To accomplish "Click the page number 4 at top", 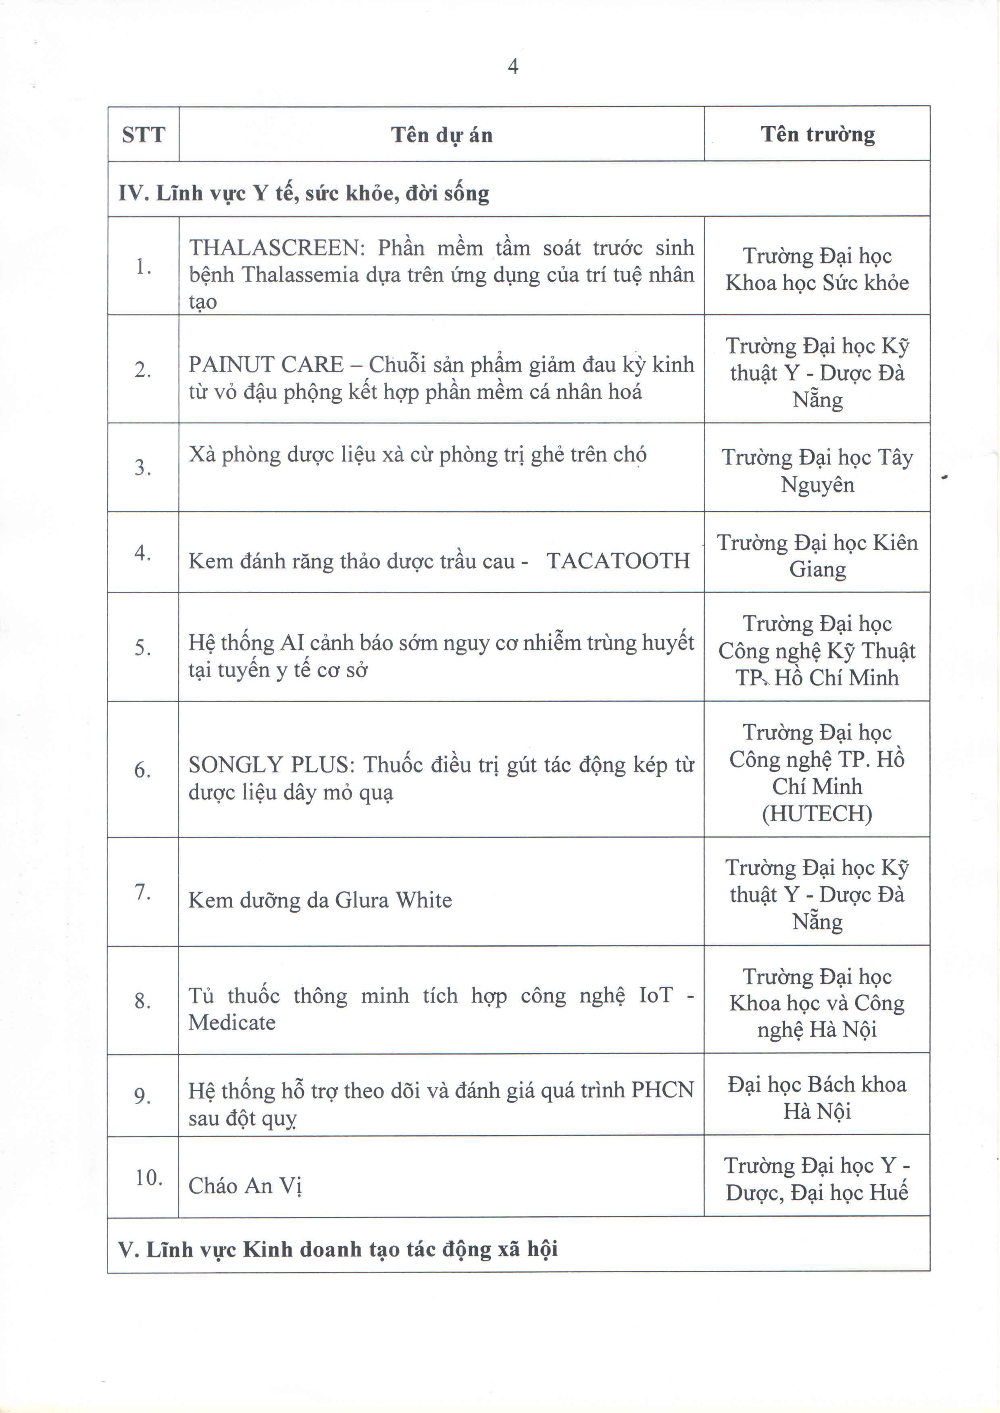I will pyautogui.click(x=512, y=66).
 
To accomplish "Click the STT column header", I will pyautogui.click(x=144, y=134).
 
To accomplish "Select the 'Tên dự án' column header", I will pyautogui.click(x=442, y=134).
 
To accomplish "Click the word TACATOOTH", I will pyautogui.click(x=618, y=561).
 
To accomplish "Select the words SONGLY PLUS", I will pyautogui.click(x=269, y=765).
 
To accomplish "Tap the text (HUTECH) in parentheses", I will pyautogui.click(x=817, y=813).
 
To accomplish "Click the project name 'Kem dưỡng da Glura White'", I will pyautogui.click(x=320, y=900).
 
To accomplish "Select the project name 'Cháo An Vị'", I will pyautogui.click(x=245, y=1186).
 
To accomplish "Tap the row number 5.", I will pyautogui.click(x=143, y=648).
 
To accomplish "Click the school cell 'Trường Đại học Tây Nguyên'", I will pyautogui.click(x=817, y=471).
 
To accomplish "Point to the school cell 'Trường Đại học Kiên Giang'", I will pyautogui.click(x=817, y=556).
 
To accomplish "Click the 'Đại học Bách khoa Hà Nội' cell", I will pyautogui.click(x=817, y=1097).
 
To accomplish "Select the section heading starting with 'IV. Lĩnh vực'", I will pyautogui.click(x=304, y=194).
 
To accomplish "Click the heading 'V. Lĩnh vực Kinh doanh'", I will pyautogui.click(x=337, y=1249).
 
